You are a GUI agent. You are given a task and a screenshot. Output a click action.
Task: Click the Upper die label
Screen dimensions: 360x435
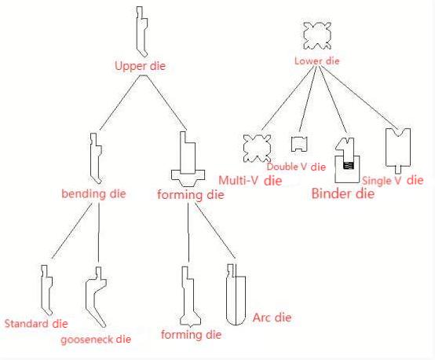click(x=141, y=66)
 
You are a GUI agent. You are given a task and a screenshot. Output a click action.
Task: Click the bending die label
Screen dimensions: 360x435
click(x=94, y=193)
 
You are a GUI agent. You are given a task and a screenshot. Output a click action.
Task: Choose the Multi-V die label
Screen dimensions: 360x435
click(x=250, y=180)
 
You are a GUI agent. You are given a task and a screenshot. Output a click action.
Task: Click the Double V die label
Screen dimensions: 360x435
click(x=296, y=166)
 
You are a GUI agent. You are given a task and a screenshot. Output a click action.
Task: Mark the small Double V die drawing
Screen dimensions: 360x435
click(x=298, y=143)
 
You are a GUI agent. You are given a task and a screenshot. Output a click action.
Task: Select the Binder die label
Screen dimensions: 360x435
click(x=343, y=193)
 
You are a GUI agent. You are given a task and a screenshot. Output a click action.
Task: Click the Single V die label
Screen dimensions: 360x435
click(x=393, y=180)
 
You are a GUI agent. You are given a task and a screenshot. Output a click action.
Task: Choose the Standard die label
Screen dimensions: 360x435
click(x=36, y=323)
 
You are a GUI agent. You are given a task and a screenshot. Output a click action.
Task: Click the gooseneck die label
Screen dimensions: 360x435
click(x=96, y=340)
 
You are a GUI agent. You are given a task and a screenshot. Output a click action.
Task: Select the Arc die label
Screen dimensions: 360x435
click(x=272, y=318)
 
